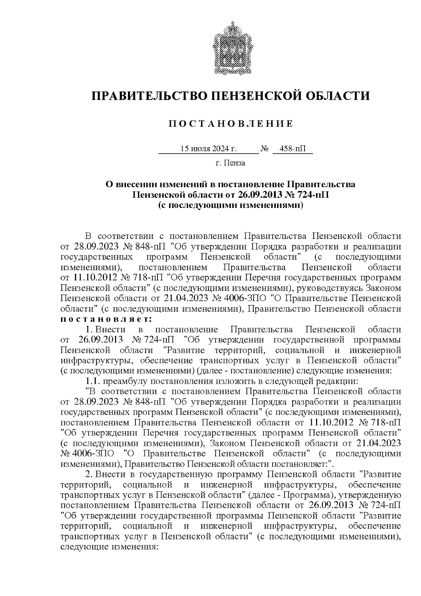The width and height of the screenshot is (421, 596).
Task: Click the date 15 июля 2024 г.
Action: [x=208, y=149]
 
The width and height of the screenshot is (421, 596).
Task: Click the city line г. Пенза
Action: [x=230, y=163]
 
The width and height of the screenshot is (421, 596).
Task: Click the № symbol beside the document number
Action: [x=265, y=149]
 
